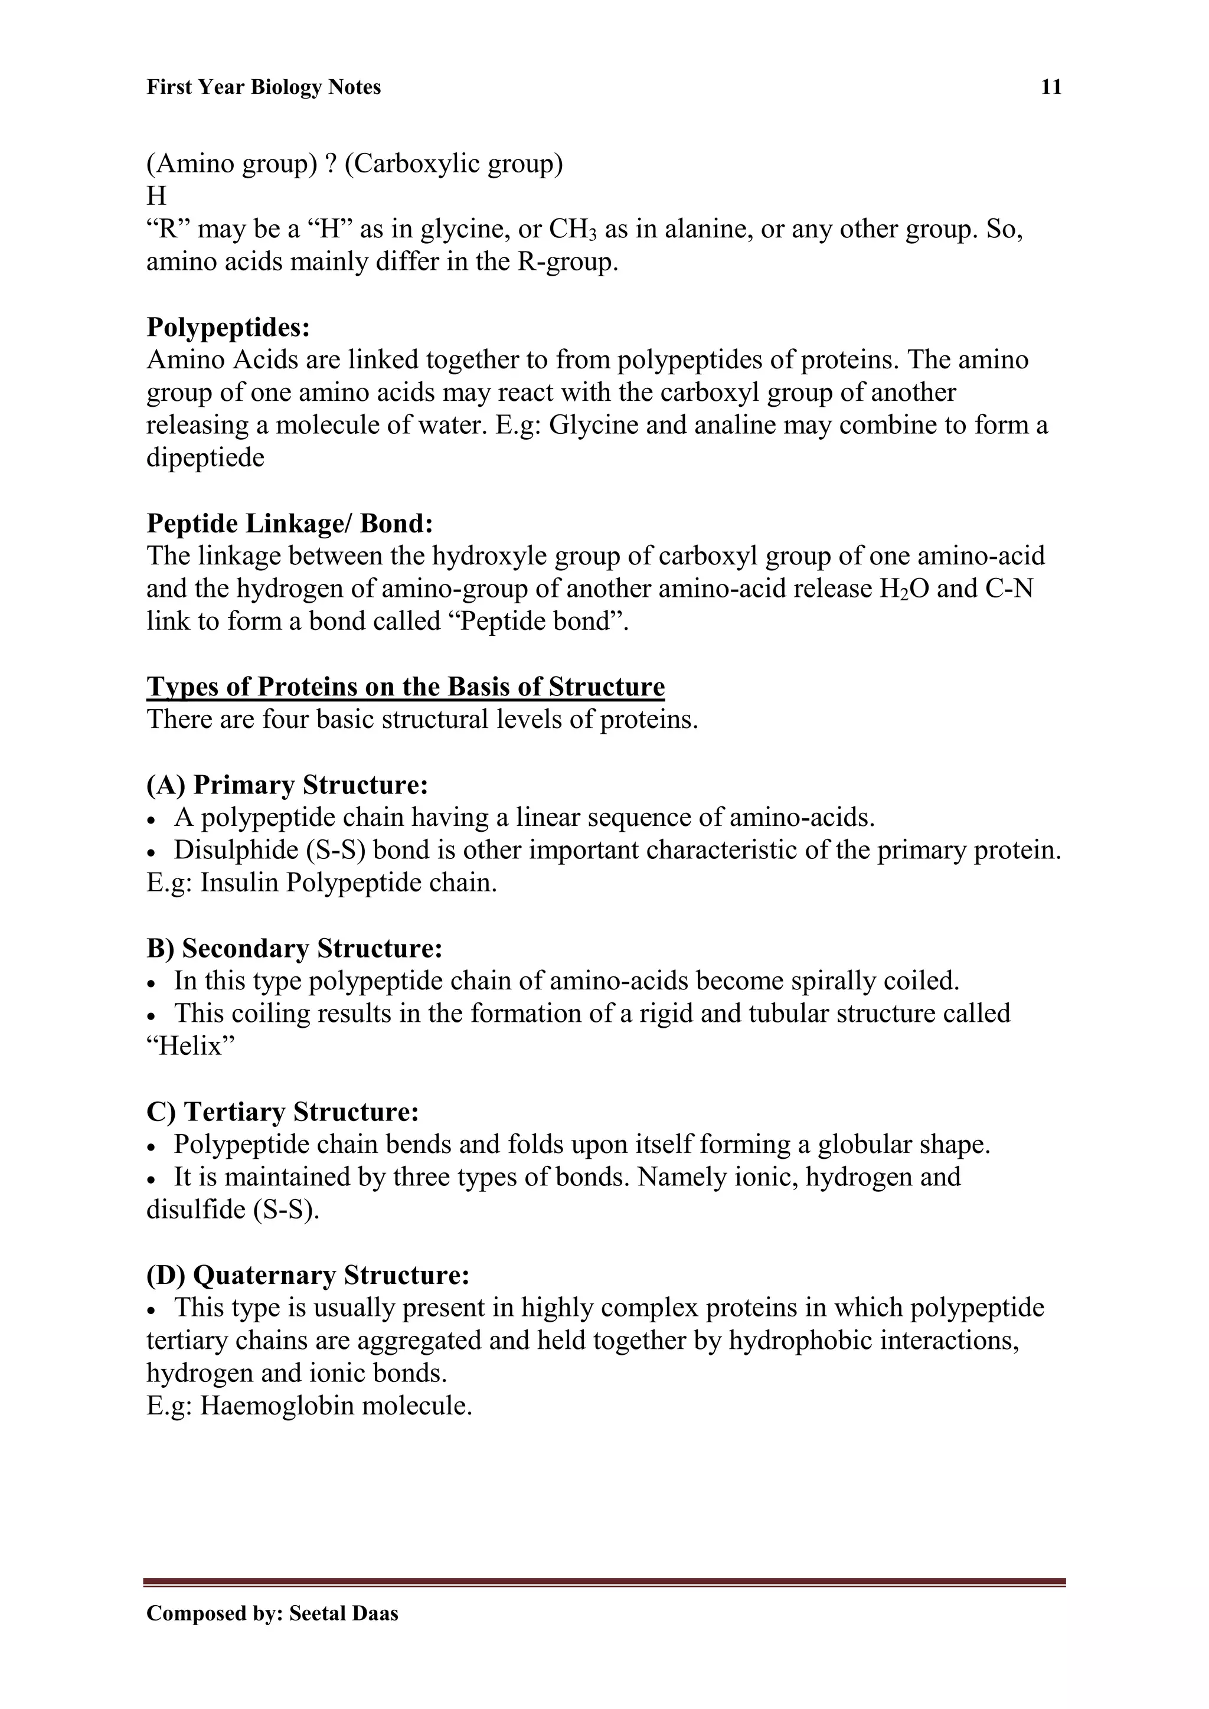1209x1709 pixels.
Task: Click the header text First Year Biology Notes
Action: point(263,88)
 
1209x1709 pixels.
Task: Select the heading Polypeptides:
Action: point(228,327)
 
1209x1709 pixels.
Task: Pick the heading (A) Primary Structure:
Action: point(287,785)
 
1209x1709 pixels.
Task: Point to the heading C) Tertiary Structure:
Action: point(283,1112)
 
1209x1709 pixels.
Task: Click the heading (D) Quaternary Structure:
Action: point(308,1275)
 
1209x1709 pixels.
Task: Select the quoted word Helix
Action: point(191,1047)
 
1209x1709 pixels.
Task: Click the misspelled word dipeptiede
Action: point(205,458)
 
